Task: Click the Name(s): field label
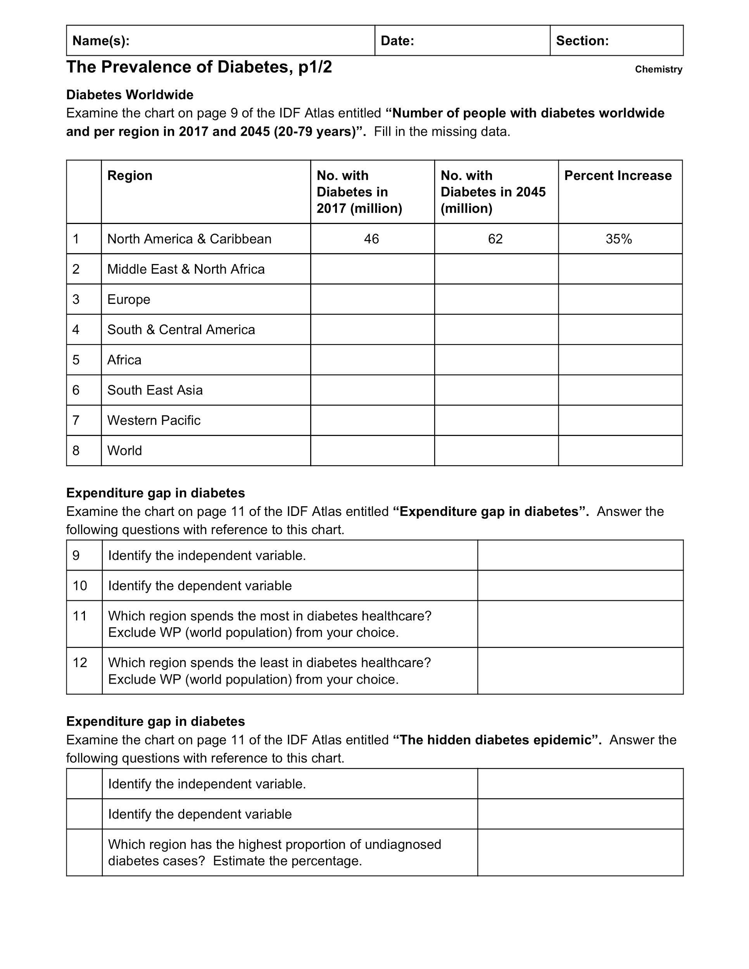(x=101, y=41)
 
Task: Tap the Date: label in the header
(x=397, y=41)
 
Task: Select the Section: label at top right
(x=582, y=41)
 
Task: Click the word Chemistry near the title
(x=659, y=69)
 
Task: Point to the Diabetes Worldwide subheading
(x=129, y=95)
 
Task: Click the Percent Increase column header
(x=618, y=176)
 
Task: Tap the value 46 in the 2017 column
(x=371, y=239)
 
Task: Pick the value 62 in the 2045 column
(x=495, y=239)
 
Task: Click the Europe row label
(x=129, y=300)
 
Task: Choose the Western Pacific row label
(x=154, y=420)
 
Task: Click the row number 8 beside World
(x=76, y=451)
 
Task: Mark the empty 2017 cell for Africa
(x=372, y=360)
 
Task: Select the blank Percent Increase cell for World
(x=620, y=451)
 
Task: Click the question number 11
(x=80, y=616)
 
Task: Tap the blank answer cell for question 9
(x=580, y=555)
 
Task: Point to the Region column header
(x=129, y=176)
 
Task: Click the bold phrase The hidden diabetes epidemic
(x=497, y=740)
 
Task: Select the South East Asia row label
(x=155, y=390)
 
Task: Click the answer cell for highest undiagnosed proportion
(x=580, y=852)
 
